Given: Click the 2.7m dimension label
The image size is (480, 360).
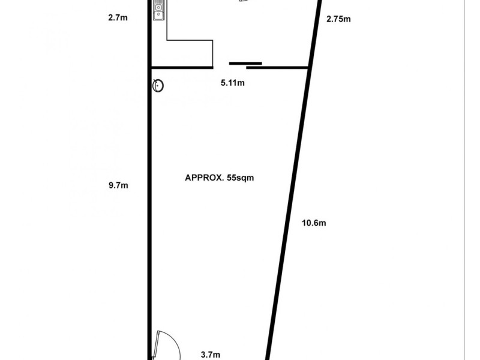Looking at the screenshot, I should (118, 18).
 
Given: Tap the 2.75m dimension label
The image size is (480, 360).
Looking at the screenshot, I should (338, 19).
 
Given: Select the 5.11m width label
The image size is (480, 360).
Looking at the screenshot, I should (233, 83).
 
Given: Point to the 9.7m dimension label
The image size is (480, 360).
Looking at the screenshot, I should (118, 185).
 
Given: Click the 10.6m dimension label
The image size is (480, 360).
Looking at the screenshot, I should (313, 223).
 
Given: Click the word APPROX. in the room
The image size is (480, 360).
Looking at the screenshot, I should (204, 178).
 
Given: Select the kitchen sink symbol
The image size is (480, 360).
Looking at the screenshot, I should (158, 10).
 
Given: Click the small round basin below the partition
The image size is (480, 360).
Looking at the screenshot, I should (158, 85).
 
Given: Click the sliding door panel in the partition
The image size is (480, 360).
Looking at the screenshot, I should (245, 63).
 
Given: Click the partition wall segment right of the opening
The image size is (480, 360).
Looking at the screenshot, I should (286, 67).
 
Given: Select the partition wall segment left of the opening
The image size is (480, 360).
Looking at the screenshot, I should (180, 67).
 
